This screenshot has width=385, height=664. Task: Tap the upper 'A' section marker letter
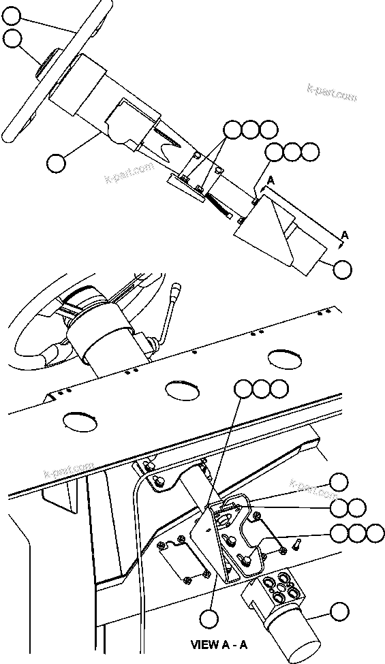pyautogui.click(x=271, y=180)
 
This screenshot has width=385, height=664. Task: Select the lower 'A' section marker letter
pyautogui.click(x=345, y=235)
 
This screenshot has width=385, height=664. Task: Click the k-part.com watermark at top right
pyautogui.click(x=333, y=93)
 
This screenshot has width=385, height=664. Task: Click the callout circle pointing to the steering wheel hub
pyautogui.click(x=12, y=39)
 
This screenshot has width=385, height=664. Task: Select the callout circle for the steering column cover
pyautogui.click(x=57, y=162)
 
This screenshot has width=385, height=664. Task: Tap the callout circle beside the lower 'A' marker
pyautogui.click(x=343, y=268)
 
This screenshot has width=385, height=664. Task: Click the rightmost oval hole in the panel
pyautogui.click(x=285, y=358)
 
